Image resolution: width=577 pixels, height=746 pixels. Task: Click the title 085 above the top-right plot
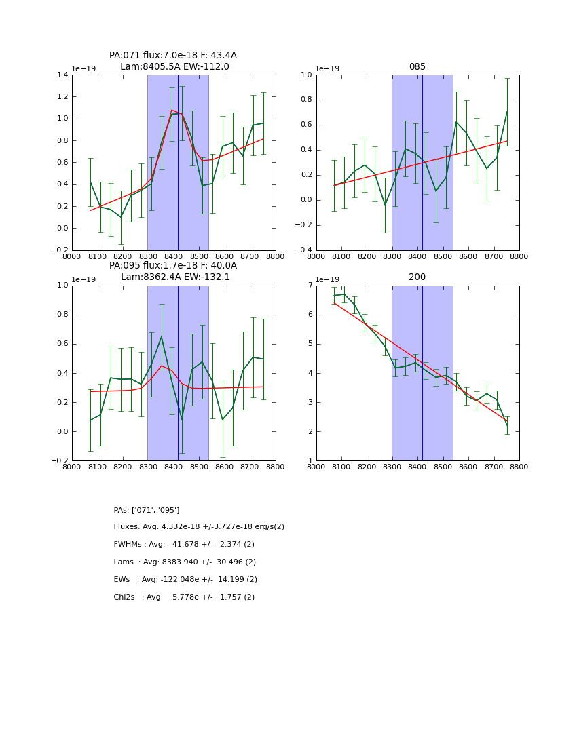pyautogui.click(x=417, y=67)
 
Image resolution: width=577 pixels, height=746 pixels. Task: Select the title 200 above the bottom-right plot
pyautogui.click(x=417, y=277)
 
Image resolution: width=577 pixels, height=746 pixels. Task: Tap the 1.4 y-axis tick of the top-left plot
pyautogui.click(x=62, y=75)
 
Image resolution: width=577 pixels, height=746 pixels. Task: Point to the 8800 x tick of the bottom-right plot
pyautogui.click(x=519, y=466)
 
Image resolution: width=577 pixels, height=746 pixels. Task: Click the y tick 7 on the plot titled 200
pyautogui.click(x=310, y=286)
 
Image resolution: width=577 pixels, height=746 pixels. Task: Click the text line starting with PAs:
pyautogui.click(x=147, y=510)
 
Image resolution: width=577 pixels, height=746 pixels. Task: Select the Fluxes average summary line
pyautogui.click(x=199, y=527)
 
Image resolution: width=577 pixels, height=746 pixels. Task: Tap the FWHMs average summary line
pyautogui.click(x=184, y=545)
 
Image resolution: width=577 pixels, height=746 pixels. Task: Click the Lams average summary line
pyautogui.click(x=185, y=562)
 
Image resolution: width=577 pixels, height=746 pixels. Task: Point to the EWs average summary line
pyautogui.click(x=185, y=580)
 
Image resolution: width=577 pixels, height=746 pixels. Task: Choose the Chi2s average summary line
pyautogui.click(x=184, y=597)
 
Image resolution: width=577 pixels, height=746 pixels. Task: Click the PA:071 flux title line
pyautogui.click(x=173, y=56)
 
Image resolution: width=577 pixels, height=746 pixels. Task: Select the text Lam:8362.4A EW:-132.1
pyautogui.click(x=175, y=277)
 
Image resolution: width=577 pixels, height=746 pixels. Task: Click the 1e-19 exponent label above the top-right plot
pyautogui.click(x=329, y=68)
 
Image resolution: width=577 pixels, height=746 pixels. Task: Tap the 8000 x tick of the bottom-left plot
pyautogui.click(x=72, y=466)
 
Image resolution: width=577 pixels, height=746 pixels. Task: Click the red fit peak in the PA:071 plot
pyautogui.click(x=172, y=110)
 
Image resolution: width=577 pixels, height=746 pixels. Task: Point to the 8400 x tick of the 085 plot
pyautogui.click(x=417, y=256)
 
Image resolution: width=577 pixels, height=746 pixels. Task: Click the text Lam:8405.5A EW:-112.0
pyautogui.click(x=174, y=67)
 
